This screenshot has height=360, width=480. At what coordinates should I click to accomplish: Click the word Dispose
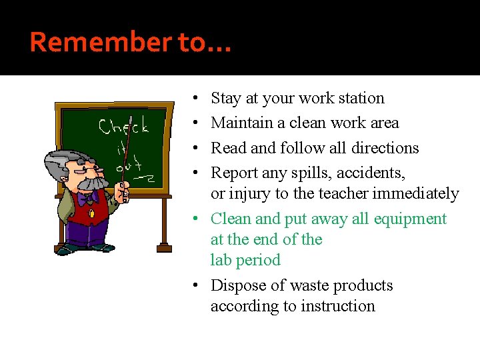239,285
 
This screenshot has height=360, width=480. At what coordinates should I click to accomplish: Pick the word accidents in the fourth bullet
371,173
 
